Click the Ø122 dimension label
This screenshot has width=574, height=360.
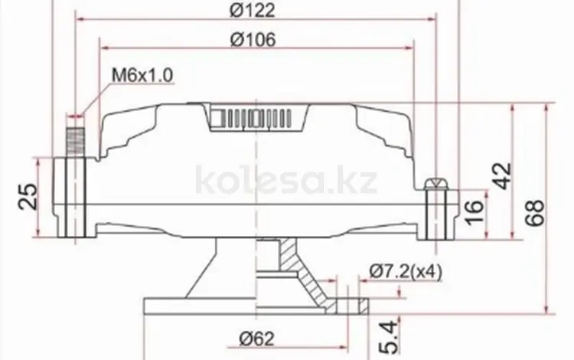coord(253,10)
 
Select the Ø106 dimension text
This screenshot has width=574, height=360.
coord(253,40)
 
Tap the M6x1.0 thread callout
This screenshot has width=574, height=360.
coord(142,75)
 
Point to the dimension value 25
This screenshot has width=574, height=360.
coord(28,196)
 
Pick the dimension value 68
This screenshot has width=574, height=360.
coord(535,213)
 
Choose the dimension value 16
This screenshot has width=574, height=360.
coord(474,211)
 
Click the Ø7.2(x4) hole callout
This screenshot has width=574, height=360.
coord(406,272)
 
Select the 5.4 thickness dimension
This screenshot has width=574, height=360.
coord(389,338)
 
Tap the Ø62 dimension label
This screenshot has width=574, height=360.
coord(256,339)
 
